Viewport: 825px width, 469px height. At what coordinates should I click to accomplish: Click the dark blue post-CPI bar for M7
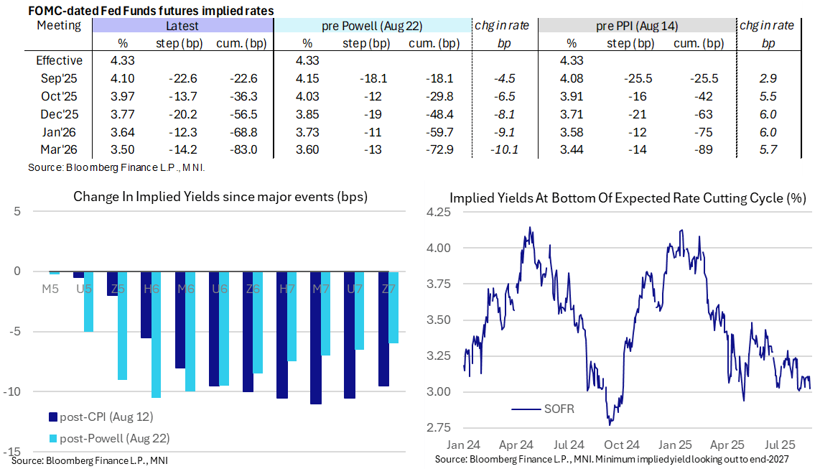pyautogui.click(x=315, y=338)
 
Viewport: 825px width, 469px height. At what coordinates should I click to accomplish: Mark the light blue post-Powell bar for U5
pyautogui.click(x=89, y=302)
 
